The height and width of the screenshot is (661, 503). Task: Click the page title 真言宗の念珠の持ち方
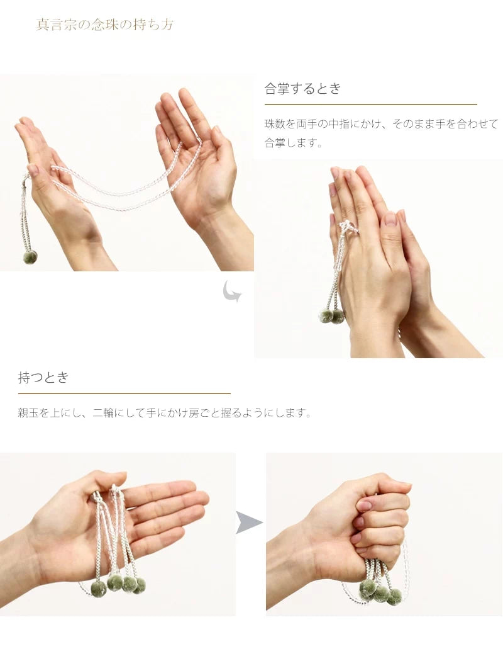tap(105, 25)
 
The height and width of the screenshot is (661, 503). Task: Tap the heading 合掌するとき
tap(302, 89)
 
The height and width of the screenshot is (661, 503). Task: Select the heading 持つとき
tap(43, 378)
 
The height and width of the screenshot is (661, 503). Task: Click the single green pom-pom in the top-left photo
tap(30, 257)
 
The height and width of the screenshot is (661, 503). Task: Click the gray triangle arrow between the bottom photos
tap(248, 523)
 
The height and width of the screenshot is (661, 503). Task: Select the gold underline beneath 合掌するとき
tap(370, 105)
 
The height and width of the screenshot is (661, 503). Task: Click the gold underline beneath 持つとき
tap(124, 393)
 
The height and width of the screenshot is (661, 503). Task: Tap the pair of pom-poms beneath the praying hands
tap(331, 316)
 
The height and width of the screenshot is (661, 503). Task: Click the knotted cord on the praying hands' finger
tap(348, 227)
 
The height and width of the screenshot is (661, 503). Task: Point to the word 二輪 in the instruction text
tap(103, 414)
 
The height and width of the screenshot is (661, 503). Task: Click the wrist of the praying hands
tap(377, 334)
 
